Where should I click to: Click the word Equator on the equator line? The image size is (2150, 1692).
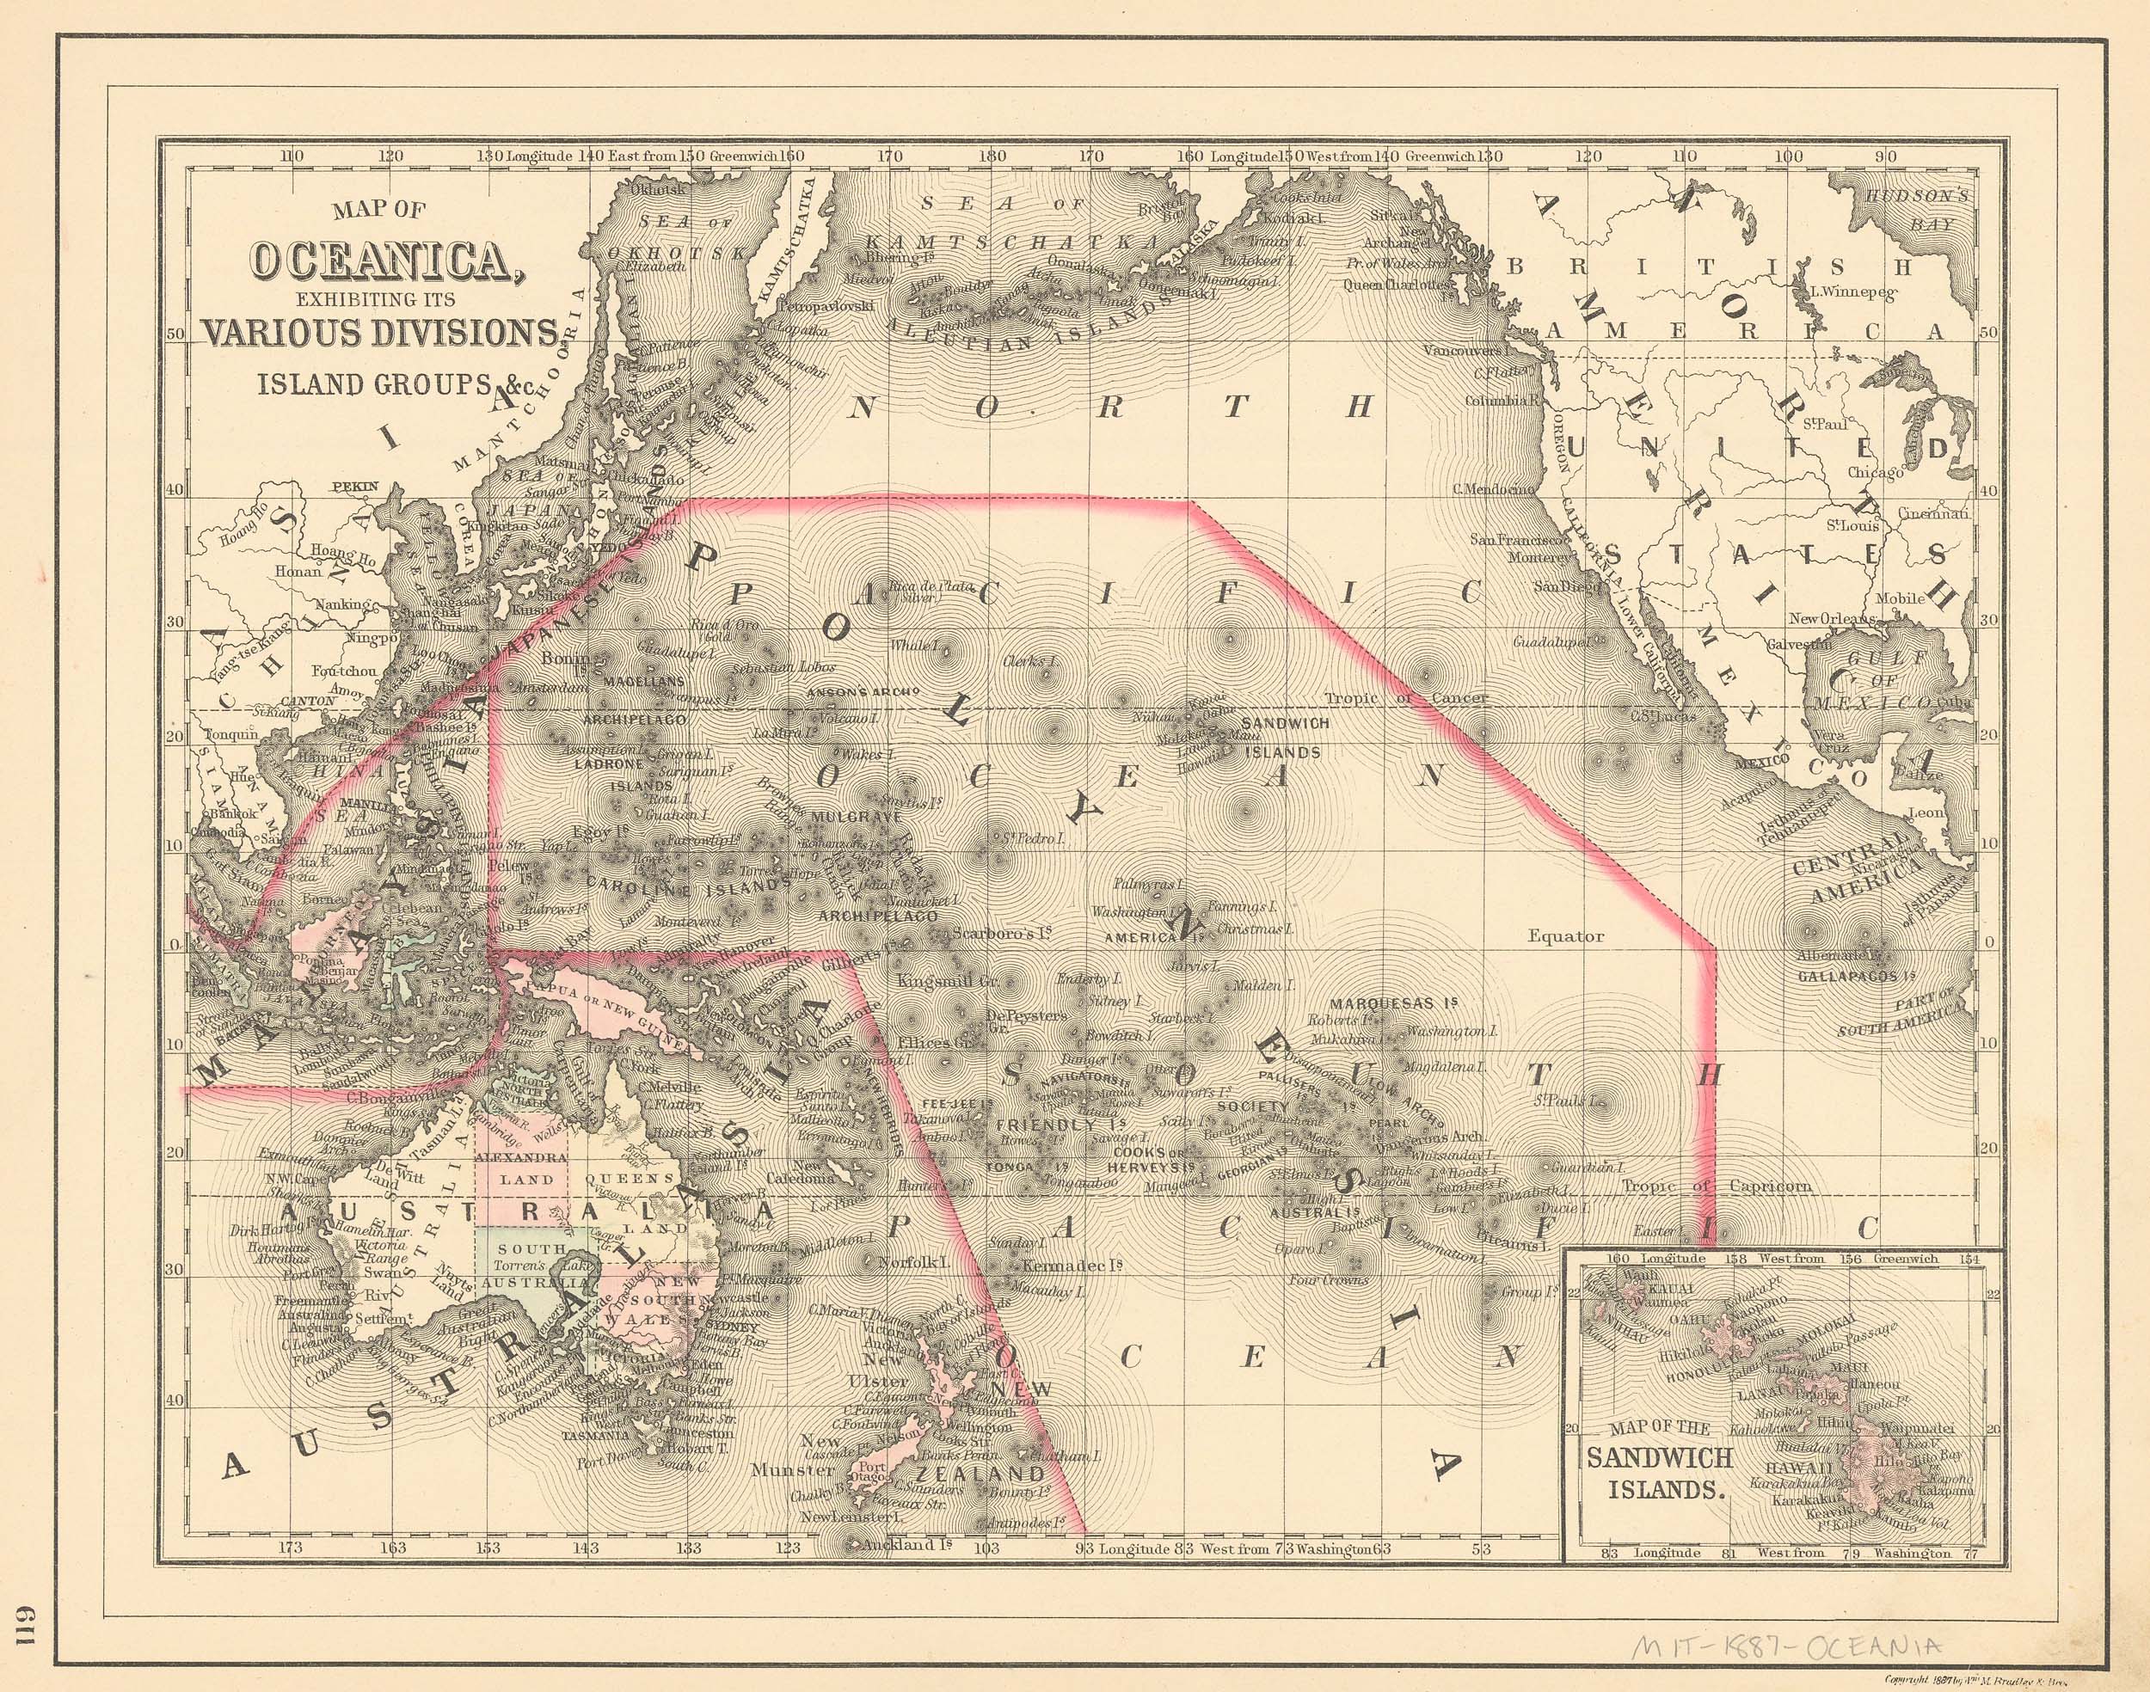[1565, 935]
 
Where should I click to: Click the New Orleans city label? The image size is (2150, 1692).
[1832, 619]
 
